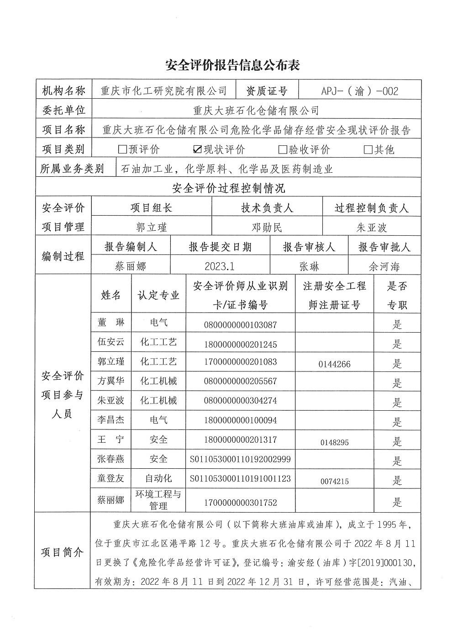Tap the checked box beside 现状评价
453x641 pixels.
tap(197, 149)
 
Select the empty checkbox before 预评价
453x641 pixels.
tap(122, 149)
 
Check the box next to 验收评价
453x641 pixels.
tap(282, 149)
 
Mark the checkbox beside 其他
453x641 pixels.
tap(368, 149)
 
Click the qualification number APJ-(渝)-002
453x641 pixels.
tap(359, 91)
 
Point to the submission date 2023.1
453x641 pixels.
tap(220, 266)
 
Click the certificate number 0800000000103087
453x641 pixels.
tap(241, 325)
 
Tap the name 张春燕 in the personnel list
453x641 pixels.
tap(111, 459)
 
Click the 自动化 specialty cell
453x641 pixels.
tap(158, 478)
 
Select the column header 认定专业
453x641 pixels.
tap(158, 295)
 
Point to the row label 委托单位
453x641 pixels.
tap(63, 110)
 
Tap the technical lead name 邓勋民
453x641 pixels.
tap(267, 228)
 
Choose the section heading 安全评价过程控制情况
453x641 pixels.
tap(228, 188)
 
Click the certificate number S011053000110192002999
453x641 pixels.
tap(241, 459)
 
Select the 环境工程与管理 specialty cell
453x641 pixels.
tap(158, 500)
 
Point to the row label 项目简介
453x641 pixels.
tap(63, 552)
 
